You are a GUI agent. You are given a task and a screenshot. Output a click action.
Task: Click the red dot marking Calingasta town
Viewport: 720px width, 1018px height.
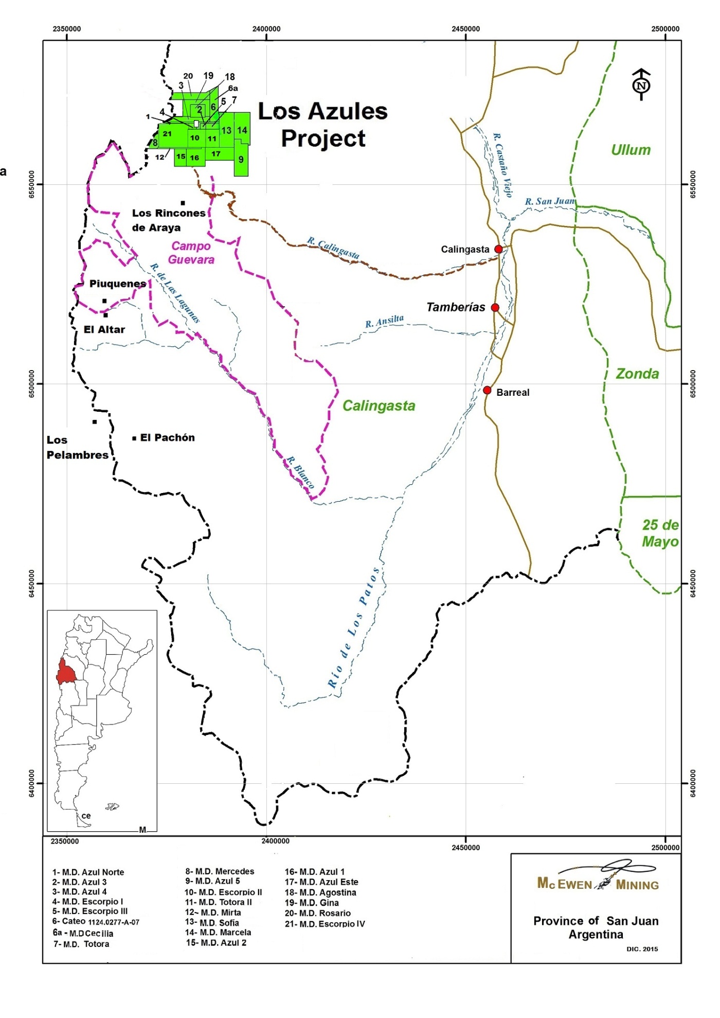point(498,249)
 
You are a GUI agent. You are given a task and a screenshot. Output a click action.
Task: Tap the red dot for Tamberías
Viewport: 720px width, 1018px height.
point(495,308)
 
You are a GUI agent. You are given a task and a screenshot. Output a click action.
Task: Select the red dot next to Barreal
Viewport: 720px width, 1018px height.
point(487,390)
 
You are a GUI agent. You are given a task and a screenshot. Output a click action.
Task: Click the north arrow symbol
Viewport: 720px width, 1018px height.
point(641,84)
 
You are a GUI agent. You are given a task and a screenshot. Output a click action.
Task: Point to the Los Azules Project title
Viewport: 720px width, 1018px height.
point(322,125)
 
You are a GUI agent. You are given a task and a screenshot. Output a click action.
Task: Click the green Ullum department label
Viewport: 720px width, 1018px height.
point(631,150)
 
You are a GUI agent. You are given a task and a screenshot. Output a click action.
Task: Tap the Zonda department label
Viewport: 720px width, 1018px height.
point(637,374)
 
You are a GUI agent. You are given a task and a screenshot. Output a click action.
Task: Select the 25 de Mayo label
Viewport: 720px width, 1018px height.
point(660,533)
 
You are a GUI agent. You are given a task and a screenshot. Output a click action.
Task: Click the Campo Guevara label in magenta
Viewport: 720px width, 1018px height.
point(191,253)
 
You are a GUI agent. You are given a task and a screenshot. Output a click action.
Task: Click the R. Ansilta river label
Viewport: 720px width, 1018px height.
point(384,322)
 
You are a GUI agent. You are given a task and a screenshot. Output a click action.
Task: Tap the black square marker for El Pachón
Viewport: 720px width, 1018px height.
point(134,438)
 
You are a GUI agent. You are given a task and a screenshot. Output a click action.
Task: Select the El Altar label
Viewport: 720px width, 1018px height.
point(104,329)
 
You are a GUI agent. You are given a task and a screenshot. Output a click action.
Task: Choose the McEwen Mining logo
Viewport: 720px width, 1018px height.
point(598,884)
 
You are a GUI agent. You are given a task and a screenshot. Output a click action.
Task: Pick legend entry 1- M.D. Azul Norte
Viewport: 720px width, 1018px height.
point(88,872)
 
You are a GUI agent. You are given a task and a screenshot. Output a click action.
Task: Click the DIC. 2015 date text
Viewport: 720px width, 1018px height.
point(642,949)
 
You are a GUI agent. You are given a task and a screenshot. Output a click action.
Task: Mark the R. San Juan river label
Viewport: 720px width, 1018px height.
point(550,201)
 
